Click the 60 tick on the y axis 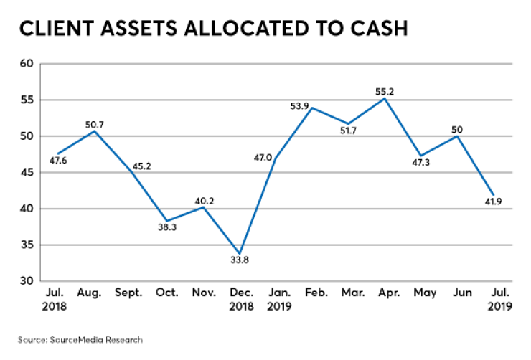[27, 64]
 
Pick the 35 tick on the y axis [27, 245]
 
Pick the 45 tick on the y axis [27, 173]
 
